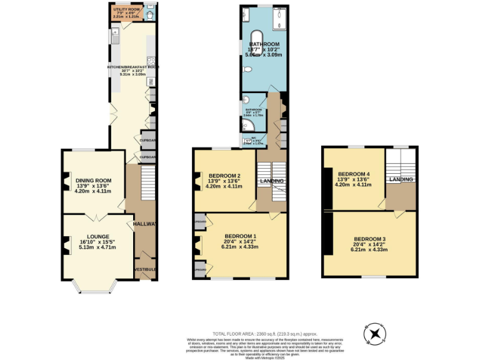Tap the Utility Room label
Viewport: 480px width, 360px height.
pyautogui.click(x=125, y=10)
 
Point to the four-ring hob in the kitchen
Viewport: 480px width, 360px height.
pyautogui.click(x=151, y=61)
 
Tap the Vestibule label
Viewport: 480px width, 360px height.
pyautogui.click(x=146, y=269)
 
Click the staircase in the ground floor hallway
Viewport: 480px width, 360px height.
pyautogui.click(x=147, y=183)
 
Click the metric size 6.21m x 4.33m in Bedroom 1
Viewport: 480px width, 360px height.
pyautogui.click(x=240, y=247)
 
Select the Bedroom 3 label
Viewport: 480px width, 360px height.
pyautogui.click(x=369, y=239)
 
